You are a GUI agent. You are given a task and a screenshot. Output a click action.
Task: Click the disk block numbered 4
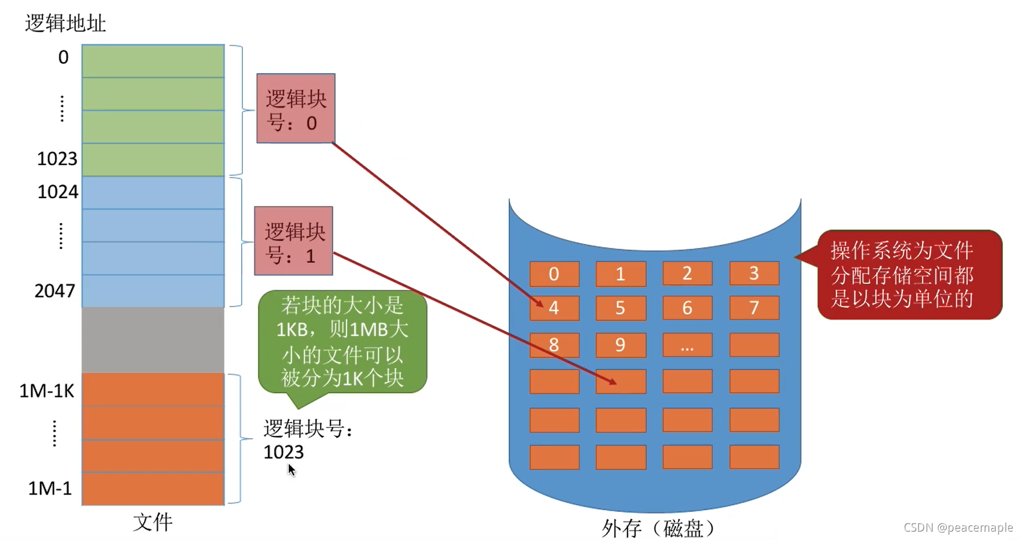pos(554,308)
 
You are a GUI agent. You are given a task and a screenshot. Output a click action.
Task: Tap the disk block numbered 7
pos(754,308)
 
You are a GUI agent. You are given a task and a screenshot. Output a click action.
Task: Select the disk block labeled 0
pos(554,274)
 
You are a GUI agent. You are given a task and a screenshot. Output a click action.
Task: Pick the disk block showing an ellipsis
pos(687,345)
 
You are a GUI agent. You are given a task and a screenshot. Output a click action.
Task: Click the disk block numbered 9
pos(620,345)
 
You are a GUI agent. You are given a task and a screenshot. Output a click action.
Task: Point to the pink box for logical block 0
pos(296,108)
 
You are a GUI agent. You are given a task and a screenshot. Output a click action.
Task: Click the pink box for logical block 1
pos(293,241)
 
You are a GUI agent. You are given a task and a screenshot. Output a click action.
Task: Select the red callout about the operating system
pos(908,275)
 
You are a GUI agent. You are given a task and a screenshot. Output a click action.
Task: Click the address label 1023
pos(57,159)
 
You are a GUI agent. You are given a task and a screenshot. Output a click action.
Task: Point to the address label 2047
pos(54,291)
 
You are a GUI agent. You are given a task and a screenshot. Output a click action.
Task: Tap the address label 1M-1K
pos(47,391)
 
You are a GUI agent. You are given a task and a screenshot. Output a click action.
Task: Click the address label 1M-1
pos(50,489)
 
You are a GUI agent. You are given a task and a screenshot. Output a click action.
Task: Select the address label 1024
pos(57,192)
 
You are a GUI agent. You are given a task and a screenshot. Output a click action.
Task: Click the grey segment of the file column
pos(153,340)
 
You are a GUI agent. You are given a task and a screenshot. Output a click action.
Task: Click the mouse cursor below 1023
pos(291,470)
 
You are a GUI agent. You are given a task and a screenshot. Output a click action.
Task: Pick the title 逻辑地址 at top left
pos(65,23)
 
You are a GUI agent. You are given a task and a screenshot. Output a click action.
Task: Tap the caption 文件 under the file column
pos(153,522)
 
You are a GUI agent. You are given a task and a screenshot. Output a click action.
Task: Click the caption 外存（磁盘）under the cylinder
pos(658,528)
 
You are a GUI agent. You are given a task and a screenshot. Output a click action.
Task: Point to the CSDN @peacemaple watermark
pos(957,527)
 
